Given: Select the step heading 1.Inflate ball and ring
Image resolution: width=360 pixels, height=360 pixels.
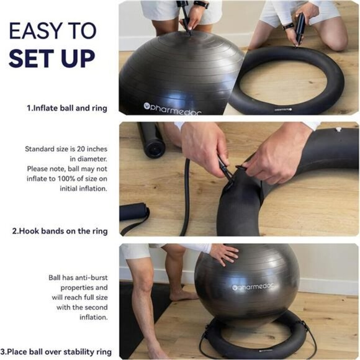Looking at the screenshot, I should pos(67,108).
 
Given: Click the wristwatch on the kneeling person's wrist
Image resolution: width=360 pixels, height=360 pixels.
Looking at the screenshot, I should pos(288,25).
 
